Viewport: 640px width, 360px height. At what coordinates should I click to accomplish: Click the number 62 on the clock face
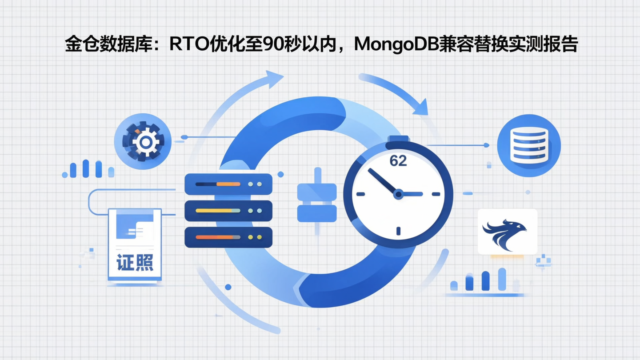tap(398, 161)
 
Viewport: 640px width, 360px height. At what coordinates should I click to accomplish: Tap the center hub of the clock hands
tap(398, 194)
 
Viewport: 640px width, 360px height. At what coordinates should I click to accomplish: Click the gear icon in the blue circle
tap(143, 141)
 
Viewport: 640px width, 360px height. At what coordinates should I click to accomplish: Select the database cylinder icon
tap(528, 145)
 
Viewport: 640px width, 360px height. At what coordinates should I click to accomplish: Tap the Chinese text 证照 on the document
tap(135, 263)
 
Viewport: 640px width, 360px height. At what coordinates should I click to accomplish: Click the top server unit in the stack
tap(228, 184)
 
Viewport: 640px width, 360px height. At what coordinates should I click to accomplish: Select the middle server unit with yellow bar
tap(228, 211)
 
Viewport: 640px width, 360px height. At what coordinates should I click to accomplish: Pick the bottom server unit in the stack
tap(228, 237)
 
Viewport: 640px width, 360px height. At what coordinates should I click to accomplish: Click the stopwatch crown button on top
tap(398, 140)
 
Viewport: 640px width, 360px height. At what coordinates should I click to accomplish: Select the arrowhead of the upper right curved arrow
tap(420, 108)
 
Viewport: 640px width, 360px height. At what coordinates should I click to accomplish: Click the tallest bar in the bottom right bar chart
tap(502, 279)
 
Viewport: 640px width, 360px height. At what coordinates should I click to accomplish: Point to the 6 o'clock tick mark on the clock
tap(398, 231)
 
